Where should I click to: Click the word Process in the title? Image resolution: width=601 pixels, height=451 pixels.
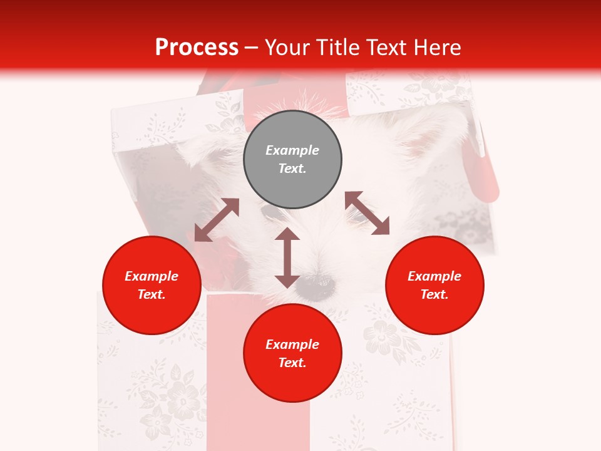pos(197,48)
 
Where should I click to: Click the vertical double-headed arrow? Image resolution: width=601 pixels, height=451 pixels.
pos(287,258)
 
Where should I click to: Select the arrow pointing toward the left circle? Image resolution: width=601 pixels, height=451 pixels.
pos(217,220)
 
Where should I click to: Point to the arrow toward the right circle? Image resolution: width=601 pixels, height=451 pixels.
pos(367,213)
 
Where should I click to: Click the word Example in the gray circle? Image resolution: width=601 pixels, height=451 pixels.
pos(292,150)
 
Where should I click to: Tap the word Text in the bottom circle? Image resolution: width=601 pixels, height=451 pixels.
pos(292,363)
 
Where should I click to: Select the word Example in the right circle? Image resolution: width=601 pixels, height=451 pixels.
pos(434,276)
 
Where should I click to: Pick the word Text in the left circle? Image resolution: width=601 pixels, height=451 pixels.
pos(152,294)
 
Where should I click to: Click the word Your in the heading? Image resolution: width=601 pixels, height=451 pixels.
pos(287,48)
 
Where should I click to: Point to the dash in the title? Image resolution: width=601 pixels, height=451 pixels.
pos(251,48)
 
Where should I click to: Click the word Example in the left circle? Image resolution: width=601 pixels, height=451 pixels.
pos(152,276)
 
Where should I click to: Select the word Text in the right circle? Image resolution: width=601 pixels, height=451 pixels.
pos(434,294)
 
